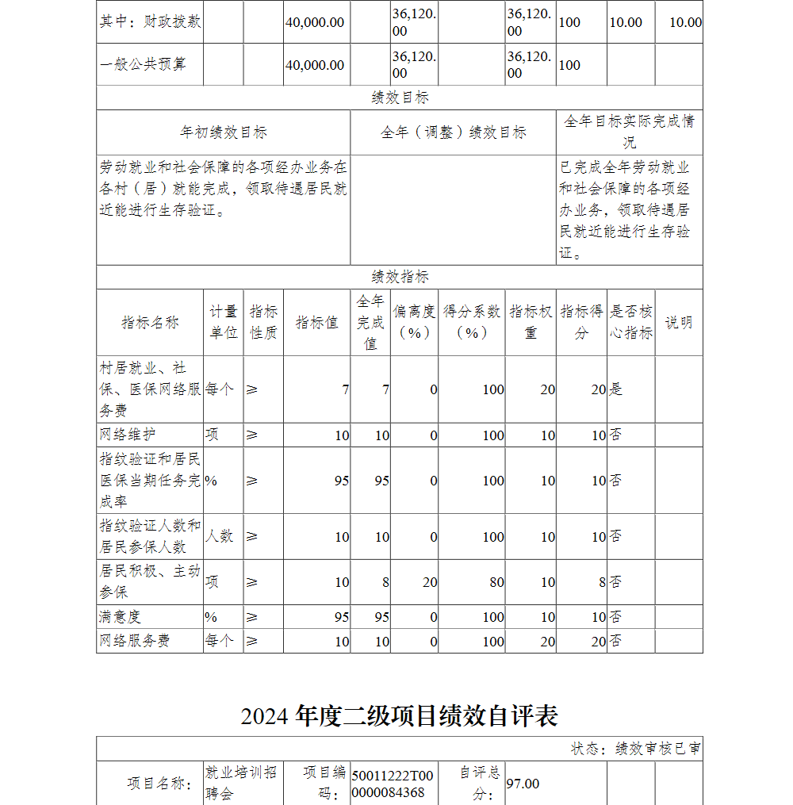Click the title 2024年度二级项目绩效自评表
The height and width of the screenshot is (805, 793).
coord(400,715)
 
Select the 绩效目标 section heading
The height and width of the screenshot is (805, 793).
coord(400,98)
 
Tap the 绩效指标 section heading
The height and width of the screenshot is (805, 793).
coord(400,277)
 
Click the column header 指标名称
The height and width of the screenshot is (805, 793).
coord(150,323)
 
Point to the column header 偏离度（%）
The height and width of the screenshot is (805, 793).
coord(414,323)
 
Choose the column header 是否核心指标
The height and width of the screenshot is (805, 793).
coord(631,323)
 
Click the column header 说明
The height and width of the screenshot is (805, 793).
coord(678,323)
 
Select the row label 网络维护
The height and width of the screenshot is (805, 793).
coord(128,435)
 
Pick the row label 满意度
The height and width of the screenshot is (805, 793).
coord(121,616)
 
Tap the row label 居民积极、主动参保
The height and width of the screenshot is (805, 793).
coord(150,581)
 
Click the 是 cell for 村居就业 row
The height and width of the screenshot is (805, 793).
coord(615,389)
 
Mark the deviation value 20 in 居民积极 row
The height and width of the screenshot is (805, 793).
coord(429,582)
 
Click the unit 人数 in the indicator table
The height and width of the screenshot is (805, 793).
coord(220,536)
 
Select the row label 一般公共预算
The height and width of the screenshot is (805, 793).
coord(143,65)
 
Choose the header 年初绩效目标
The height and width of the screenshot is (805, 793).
coord(224,132)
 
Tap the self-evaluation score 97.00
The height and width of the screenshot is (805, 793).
coord(523,784)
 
